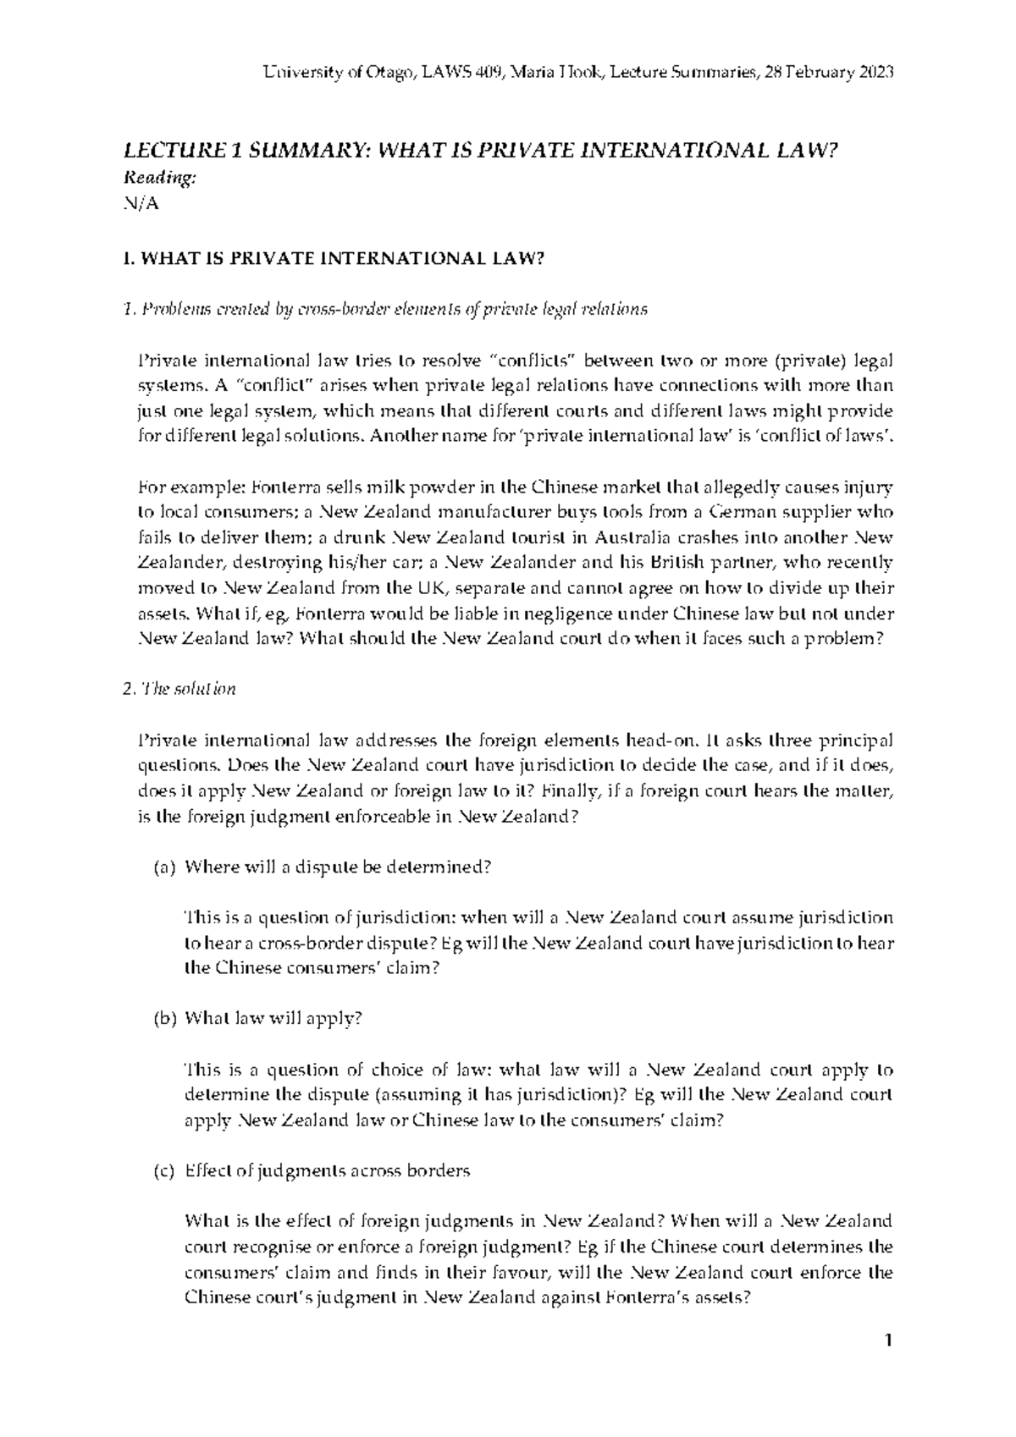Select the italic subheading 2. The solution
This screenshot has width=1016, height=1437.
pyautogui.click(x=179, y=689)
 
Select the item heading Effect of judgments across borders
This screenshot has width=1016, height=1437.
pyautogui.click(x=327, y=1171)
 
